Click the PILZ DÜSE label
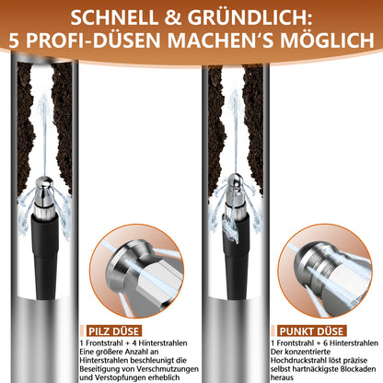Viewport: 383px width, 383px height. tap(122, 328)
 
